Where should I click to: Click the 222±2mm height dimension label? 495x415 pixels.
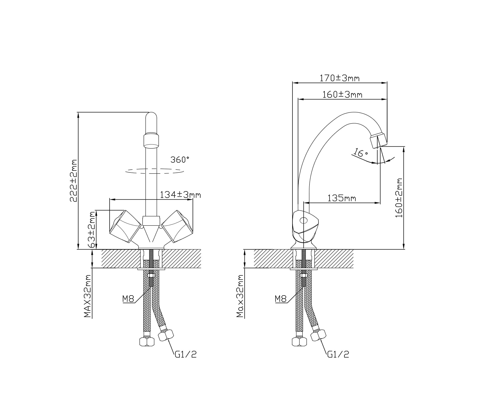point(73,181)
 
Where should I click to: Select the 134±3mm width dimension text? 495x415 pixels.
point(180,195)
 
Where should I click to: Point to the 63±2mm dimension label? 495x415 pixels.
point(92,229)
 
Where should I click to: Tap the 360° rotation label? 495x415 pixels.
point(180,159)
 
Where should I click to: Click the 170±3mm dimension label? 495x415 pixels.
point(339,78)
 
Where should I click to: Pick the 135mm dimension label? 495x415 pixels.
point(342,198)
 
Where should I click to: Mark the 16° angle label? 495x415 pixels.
point(360,152)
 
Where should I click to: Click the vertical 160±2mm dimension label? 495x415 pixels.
point(399,198)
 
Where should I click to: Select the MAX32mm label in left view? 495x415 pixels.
point(87,296)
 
